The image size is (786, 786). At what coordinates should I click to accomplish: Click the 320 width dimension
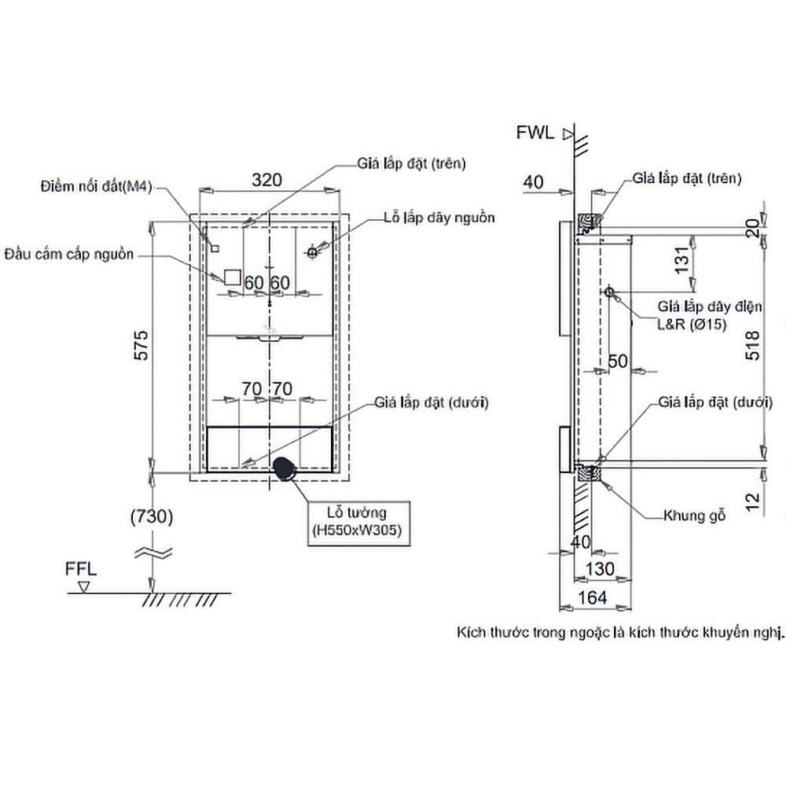pyautogui.click(x=266, y=179)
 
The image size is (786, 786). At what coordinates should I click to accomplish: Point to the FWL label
pyautogui.click(x=534, y=132)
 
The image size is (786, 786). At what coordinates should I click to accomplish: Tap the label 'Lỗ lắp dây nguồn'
pyautogui.click(x=439, y=217)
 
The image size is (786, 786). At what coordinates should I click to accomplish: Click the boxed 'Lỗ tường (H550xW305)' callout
pyautogui.click(x=356, y=521)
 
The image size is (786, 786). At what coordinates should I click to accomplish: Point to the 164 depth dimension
pyautogui.click(x=593, y=597)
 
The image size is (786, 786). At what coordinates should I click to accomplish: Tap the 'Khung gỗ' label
pyautogui.click(x=694, y=516)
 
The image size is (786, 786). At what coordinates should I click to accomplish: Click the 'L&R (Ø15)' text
pyautogui.click(x=692, y=323)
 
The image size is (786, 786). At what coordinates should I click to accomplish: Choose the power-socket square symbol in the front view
pyautogui.click(x=232, y=277)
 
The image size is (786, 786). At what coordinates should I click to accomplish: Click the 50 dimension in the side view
pyautogui.click(x=619, y=362)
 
